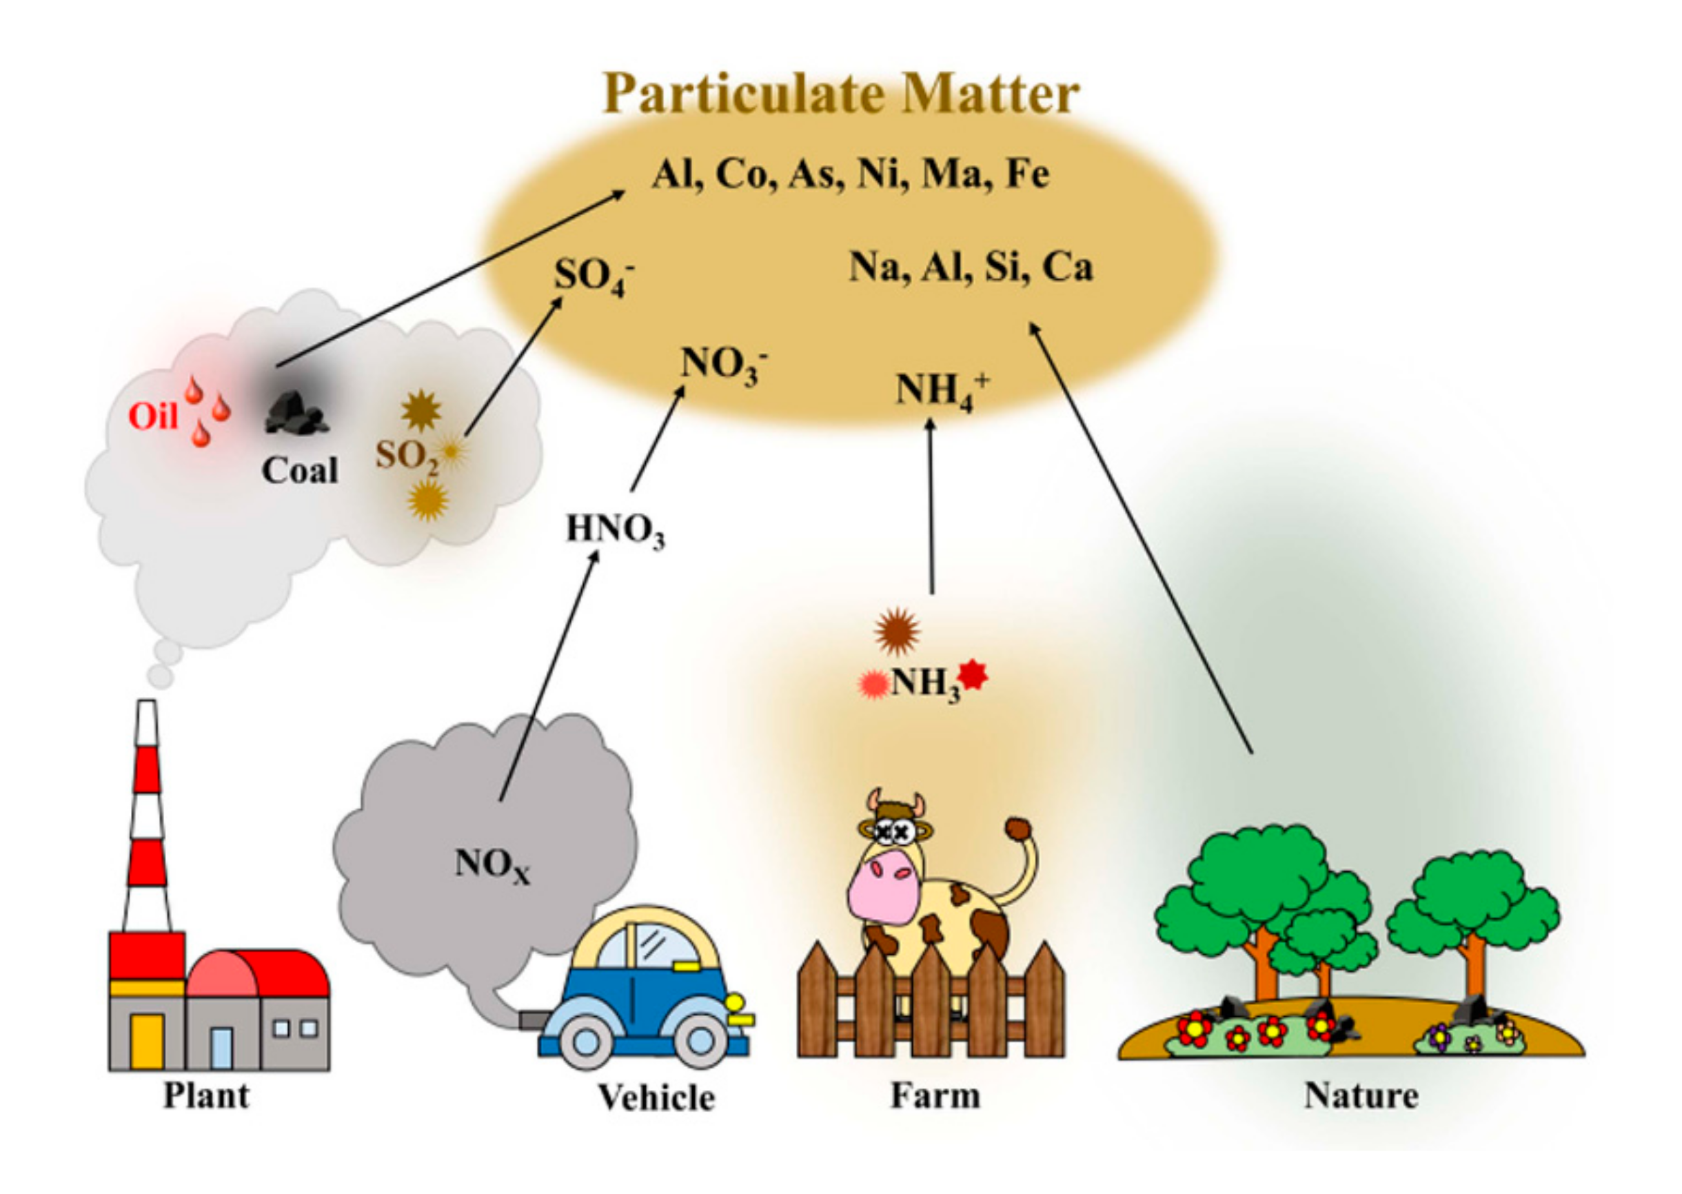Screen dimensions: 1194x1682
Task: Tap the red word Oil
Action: coord(153,417)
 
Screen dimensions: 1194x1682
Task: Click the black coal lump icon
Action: coord(296,413)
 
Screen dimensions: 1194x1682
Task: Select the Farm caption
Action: coord(935,1095)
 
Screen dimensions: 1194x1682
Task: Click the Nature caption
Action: coord(1361,1095)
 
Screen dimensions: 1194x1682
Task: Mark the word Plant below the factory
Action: coord(206,1095)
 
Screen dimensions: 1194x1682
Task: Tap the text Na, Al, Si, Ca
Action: coord(971,267)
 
